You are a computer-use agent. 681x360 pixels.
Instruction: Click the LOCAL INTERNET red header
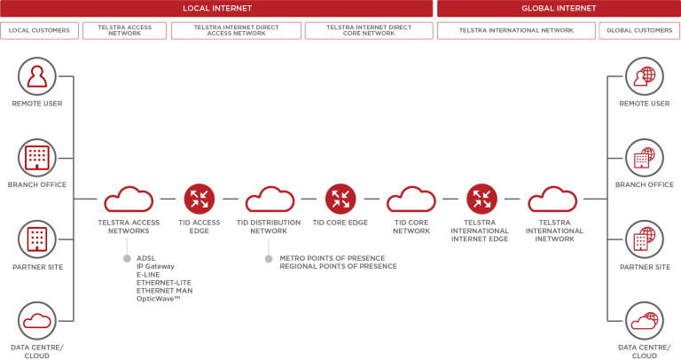point(216,8)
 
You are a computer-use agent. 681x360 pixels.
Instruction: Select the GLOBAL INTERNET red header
point(559,8)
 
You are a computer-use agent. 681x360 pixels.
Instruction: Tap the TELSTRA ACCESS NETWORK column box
point(124,30)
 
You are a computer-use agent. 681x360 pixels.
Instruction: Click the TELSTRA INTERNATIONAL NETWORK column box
point(516,30)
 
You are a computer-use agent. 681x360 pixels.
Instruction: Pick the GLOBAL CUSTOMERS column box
point(639,30)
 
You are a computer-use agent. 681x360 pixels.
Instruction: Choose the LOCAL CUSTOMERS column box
point(39,30)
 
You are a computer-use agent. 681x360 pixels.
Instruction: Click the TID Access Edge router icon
point(200,199)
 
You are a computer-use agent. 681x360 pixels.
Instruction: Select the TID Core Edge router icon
point(340,199)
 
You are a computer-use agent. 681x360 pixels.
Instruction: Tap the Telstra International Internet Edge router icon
point(481,199)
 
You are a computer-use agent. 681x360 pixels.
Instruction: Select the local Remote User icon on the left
point(37,77)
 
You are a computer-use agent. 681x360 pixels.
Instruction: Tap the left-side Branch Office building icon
point(37,158)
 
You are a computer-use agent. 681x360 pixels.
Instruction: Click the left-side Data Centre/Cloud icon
point(37,320)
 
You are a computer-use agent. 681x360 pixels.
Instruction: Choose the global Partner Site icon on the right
point(644,239)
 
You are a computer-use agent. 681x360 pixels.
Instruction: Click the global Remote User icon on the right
point(644,77)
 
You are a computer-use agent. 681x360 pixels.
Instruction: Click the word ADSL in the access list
point(145,259)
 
